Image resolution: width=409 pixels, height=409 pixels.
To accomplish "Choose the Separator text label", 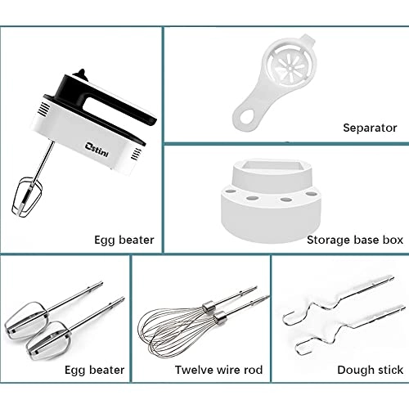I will pos(370,128).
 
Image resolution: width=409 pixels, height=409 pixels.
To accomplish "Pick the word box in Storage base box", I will pos(386,240).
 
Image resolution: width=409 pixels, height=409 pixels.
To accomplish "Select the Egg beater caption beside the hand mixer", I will pos(124,240).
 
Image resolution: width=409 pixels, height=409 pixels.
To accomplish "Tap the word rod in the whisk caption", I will pos(253,370).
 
